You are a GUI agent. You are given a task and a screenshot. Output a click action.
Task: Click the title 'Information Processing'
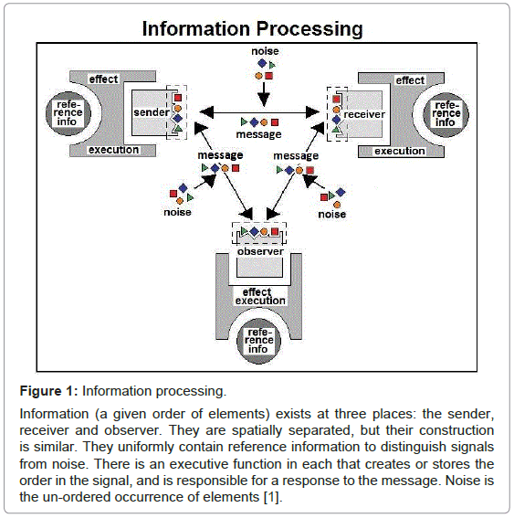pos(253,28)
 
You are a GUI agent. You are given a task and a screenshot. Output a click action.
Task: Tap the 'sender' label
pos(152,112)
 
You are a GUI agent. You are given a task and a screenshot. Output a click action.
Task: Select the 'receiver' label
pos(364,114)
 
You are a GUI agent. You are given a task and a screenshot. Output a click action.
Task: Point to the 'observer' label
pos(260,251)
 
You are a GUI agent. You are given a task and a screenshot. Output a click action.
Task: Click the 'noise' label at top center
pos(265,51)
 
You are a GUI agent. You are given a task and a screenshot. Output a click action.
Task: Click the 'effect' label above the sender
pos(103,79)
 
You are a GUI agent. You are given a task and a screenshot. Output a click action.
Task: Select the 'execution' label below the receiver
pos(400,151)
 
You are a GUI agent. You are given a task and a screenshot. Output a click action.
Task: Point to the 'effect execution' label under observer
pos(260,296)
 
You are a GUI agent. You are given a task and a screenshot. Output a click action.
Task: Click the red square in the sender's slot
pos(178,98)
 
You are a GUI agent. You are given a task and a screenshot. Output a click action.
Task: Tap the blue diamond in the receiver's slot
pos(336,120)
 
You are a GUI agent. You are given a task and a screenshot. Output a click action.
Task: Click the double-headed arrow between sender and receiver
pos(259,112)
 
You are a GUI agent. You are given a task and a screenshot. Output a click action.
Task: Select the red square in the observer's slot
pos(275,231)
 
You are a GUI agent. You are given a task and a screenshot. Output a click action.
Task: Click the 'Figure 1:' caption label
pos(49,391)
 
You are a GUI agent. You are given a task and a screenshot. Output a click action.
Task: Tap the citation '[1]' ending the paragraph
pos(273,497)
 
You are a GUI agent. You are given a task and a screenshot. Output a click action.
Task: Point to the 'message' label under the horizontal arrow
pos(258,134)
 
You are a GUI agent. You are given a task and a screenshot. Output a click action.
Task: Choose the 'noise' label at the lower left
pos(177,212)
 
